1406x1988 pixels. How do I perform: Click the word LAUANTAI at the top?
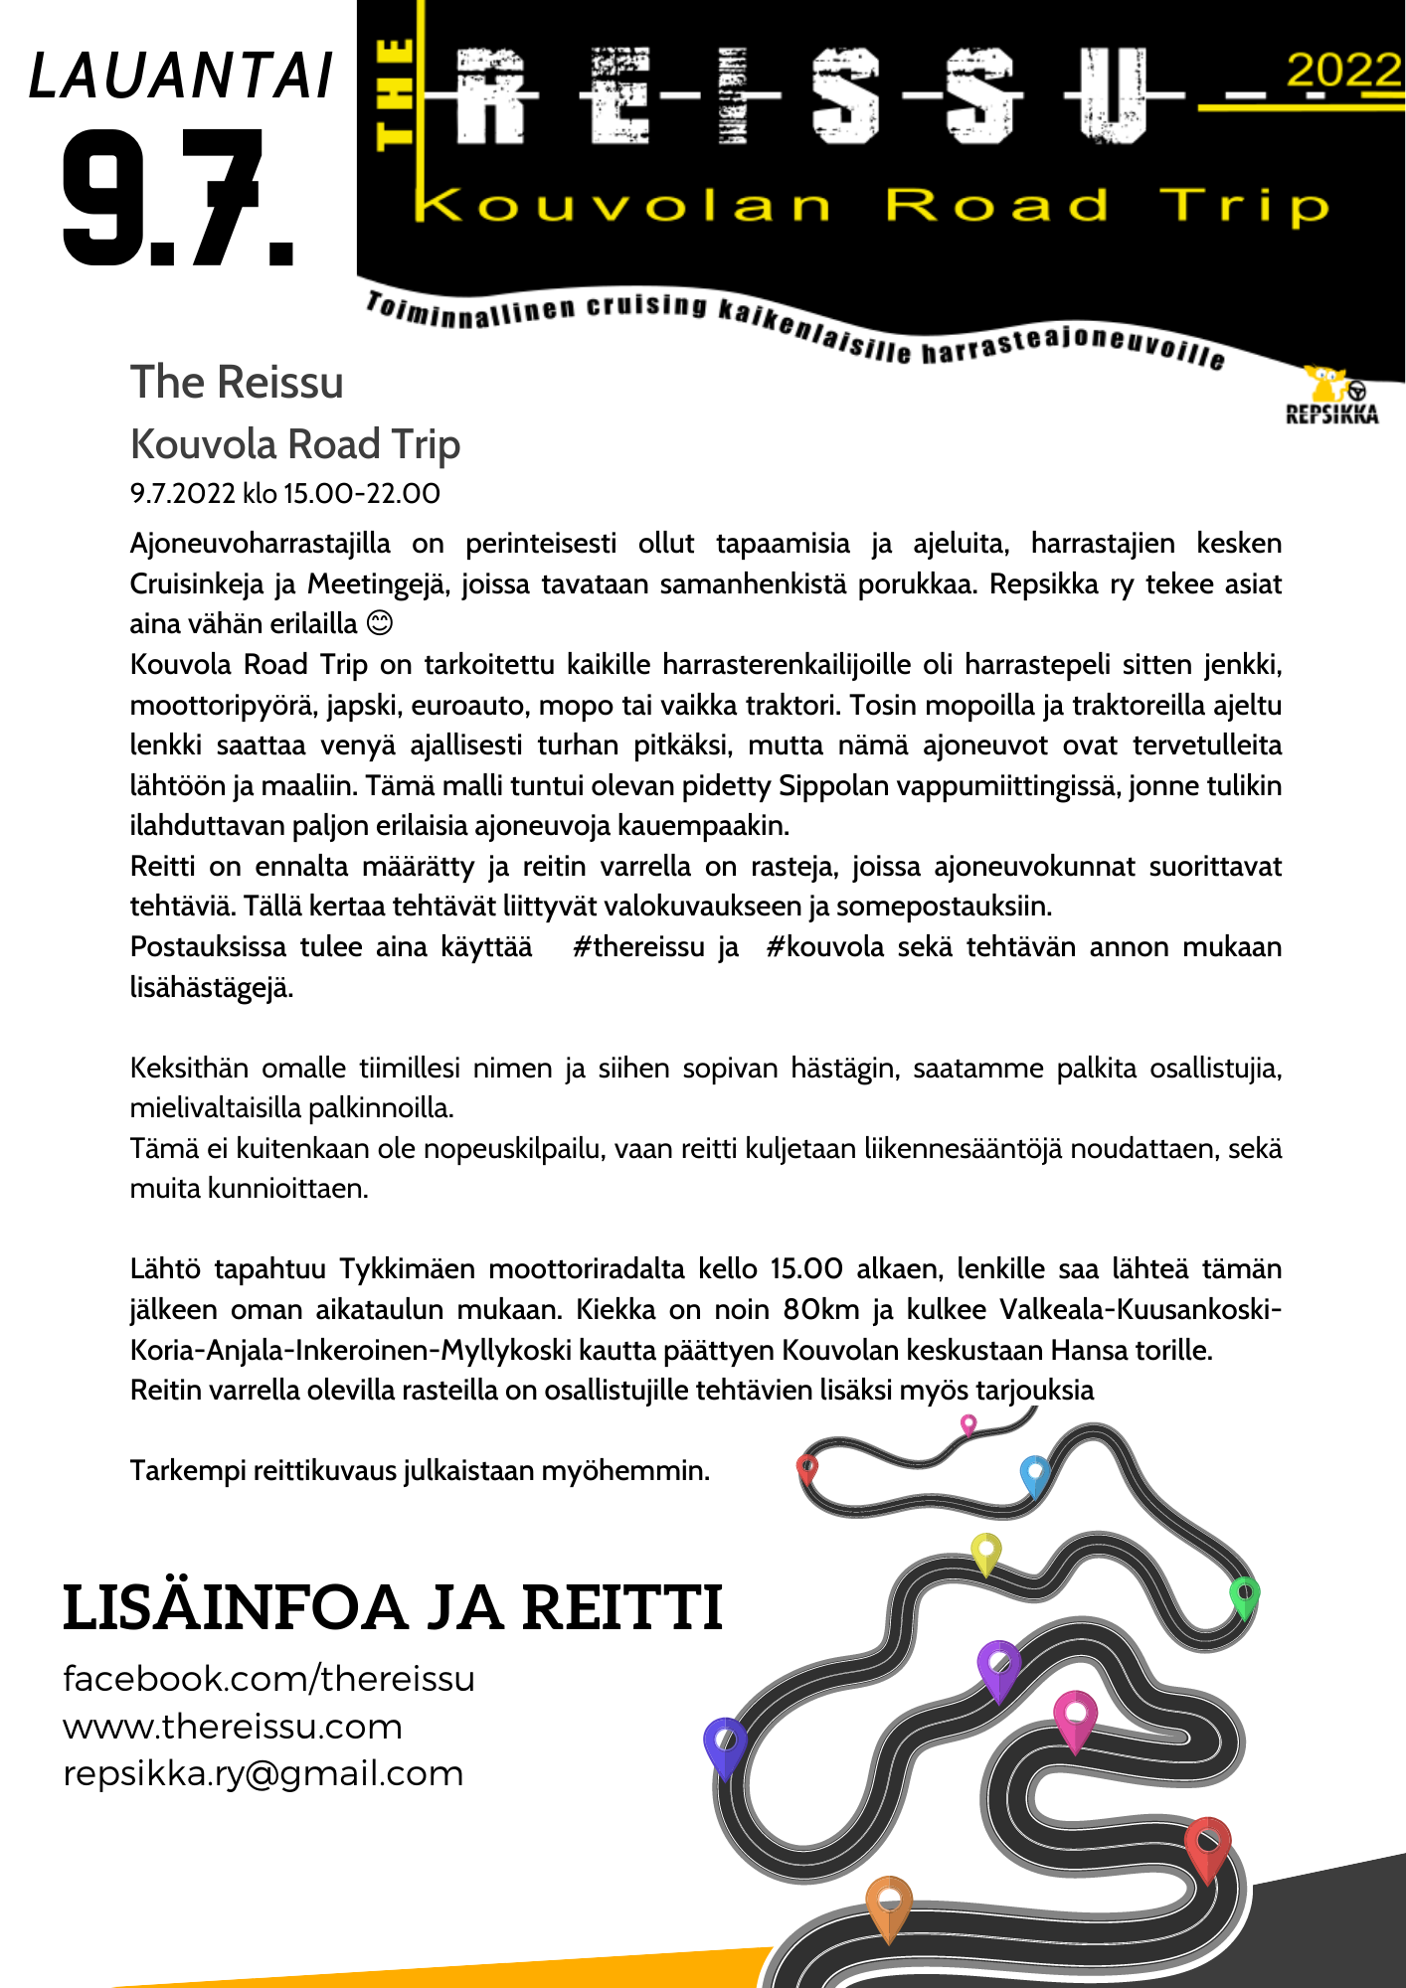(181, 77)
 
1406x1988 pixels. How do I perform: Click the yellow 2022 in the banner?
(1342, 71)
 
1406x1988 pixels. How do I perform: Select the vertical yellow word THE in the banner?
(396, 95)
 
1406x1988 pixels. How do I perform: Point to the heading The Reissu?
(237, 383)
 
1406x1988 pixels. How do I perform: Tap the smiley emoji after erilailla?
(380, 623)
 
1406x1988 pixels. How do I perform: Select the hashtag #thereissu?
(638, 946)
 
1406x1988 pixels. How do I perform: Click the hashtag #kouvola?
(824, 946)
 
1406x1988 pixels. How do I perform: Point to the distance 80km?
(820, 1309)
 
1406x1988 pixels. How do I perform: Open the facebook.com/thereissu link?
(268, 1679)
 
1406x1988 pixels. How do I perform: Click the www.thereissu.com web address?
(233, 1727)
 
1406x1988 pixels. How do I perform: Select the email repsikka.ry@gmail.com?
(264, 1774)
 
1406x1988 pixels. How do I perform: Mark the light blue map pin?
(1035, 1474)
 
